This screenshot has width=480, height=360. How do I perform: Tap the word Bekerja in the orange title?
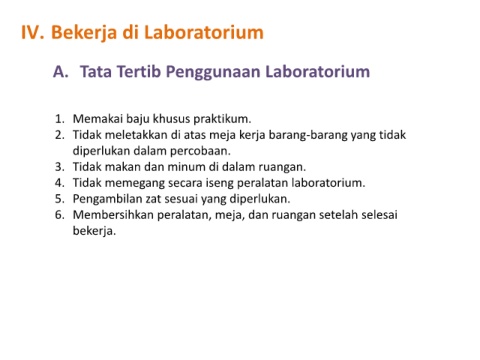tap(84, 34)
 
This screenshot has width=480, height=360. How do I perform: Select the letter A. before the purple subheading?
tap(61, 72)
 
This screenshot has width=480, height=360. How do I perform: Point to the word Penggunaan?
tap(213, 73)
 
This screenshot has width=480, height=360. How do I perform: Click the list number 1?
tap(60, 119)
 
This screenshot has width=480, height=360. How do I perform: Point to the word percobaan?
tap(200, 151)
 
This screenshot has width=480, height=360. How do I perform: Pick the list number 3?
tap(60, 167)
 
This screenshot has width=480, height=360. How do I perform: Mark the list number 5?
tap(60, 199)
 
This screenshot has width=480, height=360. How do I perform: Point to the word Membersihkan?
tap(113, 215)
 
